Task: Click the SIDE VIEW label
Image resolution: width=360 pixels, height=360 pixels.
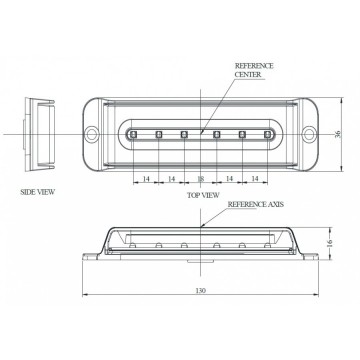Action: pos(38,192)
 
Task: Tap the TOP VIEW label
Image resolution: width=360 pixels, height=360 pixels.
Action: pos(203,195)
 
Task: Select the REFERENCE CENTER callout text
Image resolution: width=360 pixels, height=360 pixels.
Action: pos(254,70)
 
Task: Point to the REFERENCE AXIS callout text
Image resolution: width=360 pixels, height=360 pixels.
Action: pos(256,204)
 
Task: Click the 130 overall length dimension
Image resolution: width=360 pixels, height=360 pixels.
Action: pos(200,291)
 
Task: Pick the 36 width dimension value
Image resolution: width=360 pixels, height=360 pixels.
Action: pos(338,134)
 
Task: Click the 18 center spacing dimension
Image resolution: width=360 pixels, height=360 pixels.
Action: pos(201,179)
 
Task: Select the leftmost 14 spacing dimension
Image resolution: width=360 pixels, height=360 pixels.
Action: pos(146,179)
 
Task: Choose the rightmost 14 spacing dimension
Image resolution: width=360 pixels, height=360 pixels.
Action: pos(255,179)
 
